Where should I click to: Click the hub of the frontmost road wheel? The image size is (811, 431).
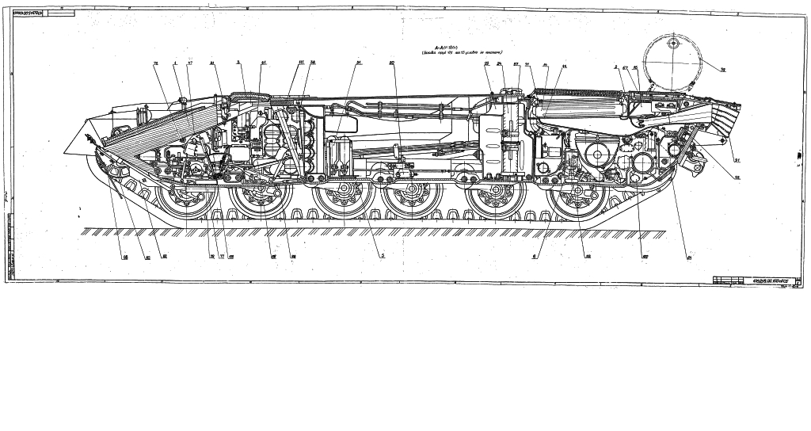coord(186,200)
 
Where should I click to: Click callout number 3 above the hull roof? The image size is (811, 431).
coord(238,63)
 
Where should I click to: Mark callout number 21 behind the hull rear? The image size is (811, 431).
coord(736,162)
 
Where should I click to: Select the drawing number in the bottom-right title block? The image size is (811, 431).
coord(762,280)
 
